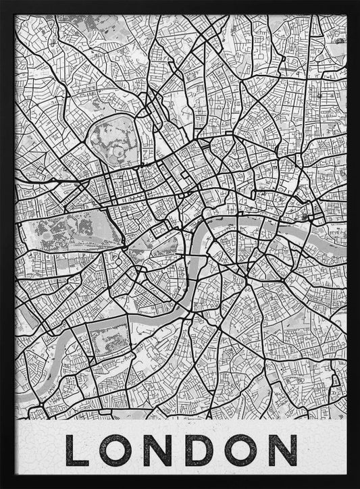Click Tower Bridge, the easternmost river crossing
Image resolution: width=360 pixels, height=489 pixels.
(x=310, y=220)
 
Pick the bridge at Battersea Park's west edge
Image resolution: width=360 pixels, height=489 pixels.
(x=84, y=322)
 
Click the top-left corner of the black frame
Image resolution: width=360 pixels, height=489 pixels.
(x=2, y=2)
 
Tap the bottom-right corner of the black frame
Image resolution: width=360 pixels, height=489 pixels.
(x=357, y=486)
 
